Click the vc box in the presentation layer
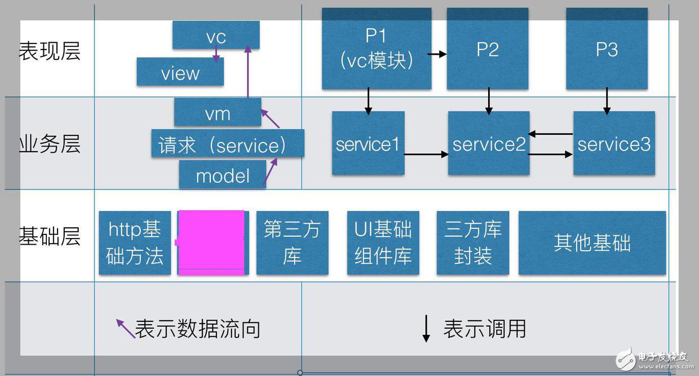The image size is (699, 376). click(216, 36)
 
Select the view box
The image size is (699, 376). click(180, 72)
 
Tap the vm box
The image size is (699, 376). click(218, 112)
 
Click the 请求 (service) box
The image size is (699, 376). click(227, 144)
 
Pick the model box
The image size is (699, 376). click(222, 175)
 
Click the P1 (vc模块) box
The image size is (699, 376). click(376, 48)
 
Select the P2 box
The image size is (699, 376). click(487, 48)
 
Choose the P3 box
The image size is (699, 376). click(607, 48)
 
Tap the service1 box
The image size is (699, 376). click(368, 143)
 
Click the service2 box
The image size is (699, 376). click(488, 143)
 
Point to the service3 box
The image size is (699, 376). click(614, 143)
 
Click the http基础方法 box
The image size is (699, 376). click(135, 243)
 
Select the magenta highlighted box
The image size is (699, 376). click(211, 243)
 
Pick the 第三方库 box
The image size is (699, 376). click(292, 243)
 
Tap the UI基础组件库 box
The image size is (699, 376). click(383, 243)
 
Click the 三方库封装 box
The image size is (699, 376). click(472, 243)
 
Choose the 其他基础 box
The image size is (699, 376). click(592, 243)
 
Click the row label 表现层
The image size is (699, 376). click(50, 51)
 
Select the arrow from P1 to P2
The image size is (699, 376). click(437, 54)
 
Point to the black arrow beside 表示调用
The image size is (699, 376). click(426, 329)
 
